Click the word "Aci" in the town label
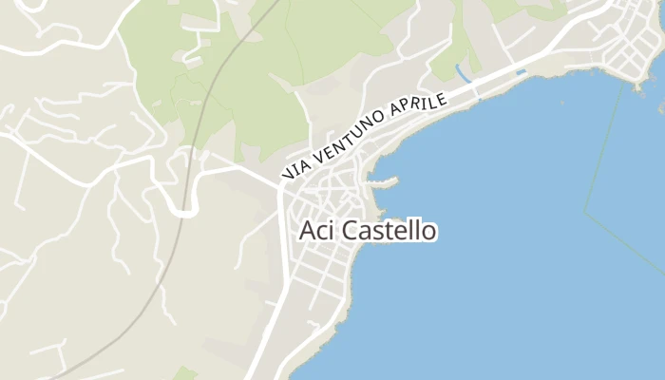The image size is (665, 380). pos(316,230)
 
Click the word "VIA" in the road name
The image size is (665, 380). pos(295,168)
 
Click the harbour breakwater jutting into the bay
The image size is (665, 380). pos(386,180)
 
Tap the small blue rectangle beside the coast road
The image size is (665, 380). pos(520,72)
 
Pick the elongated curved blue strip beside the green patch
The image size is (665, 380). pos(463,72)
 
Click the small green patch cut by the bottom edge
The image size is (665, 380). pos(185,374)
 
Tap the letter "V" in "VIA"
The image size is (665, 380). pos(287,174)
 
